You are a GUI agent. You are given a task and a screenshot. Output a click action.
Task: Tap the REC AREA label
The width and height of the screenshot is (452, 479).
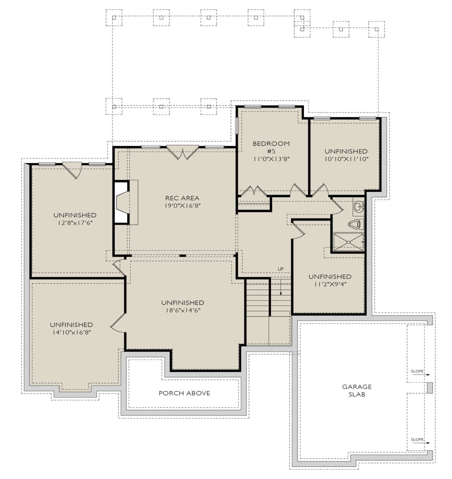182,198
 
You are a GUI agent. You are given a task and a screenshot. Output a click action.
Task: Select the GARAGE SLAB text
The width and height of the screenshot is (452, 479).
357,390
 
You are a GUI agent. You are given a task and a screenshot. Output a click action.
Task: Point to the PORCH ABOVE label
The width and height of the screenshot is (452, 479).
184,393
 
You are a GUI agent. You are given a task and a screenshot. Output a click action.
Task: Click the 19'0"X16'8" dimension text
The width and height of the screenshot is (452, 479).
183,206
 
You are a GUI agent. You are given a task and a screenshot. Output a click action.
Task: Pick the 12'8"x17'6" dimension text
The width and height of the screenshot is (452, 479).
75,223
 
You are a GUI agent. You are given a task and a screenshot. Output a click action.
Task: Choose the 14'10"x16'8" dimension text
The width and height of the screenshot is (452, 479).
71,332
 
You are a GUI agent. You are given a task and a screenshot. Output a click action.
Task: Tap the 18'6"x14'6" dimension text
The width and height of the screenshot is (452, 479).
183,310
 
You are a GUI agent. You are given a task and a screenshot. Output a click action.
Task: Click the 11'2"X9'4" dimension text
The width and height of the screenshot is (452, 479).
330,284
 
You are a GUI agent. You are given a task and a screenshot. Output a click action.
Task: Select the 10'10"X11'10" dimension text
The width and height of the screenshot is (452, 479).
346,159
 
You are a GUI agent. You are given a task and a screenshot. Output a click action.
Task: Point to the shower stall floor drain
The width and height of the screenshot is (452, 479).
348,242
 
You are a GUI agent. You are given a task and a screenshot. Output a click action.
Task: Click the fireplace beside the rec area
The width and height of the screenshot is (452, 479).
121,203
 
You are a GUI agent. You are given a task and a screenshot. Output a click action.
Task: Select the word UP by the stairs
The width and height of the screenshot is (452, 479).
281,269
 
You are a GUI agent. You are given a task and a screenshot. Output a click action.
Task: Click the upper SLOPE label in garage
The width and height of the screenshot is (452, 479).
417,371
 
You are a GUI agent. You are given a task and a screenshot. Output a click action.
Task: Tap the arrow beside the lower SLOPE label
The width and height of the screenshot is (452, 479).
426,443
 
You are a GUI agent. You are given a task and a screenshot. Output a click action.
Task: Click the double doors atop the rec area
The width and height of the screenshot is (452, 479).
182,152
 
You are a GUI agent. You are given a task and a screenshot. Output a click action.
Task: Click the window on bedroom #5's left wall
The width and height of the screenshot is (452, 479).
237,125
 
